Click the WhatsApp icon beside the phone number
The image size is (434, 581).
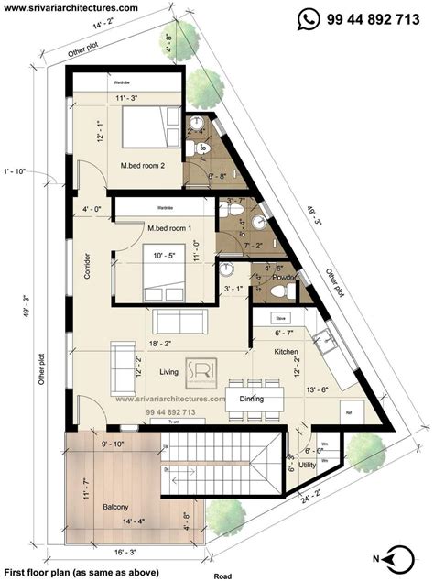click(x=312, y=16)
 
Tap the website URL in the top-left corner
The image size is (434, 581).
click(x=71, y=7)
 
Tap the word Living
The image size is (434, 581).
click(x=168, y=371)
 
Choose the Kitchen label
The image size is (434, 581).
click(x=287, y=352)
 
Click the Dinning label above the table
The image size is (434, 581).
click(x=252, y=399)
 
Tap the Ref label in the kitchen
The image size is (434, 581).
click(x=347, y=412)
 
